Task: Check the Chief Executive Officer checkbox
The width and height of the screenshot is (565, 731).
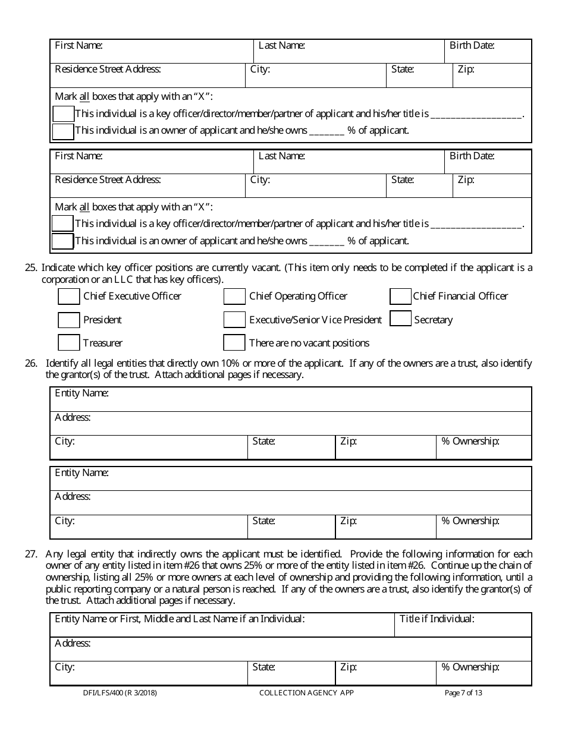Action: pos(69,296)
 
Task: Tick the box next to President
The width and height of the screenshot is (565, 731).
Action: pos(69,320)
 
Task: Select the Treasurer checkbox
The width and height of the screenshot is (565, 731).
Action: pos(69,343)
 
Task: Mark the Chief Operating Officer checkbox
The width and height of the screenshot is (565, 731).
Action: pos(234,296)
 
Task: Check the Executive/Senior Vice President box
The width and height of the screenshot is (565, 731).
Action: pos(234,320)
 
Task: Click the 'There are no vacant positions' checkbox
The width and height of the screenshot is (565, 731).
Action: pos(234,343)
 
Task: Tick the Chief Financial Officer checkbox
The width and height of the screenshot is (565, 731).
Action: pos(400,296)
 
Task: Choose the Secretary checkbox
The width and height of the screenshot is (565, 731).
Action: pos(400,319)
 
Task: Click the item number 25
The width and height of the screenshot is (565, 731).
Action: pos(31,267)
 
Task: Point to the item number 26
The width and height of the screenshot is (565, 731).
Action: pos(31,363)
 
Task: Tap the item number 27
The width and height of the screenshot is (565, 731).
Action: pos(31,553)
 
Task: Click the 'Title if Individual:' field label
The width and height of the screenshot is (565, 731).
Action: pos(437,619)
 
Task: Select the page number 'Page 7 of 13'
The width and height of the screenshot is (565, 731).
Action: pos(463,693)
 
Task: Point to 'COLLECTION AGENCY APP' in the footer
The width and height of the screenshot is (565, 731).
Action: pos(306,693)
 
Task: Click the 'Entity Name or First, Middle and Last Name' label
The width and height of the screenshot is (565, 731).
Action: pos(180,619)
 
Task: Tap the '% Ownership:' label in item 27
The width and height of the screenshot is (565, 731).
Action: pos(470,667)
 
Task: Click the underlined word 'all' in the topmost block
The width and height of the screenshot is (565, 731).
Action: pos(84,96)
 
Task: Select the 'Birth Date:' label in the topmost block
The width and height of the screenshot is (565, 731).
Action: pos(472,45)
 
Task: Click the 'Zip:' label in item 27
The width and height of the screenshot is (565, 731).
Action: pos(348,667)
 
